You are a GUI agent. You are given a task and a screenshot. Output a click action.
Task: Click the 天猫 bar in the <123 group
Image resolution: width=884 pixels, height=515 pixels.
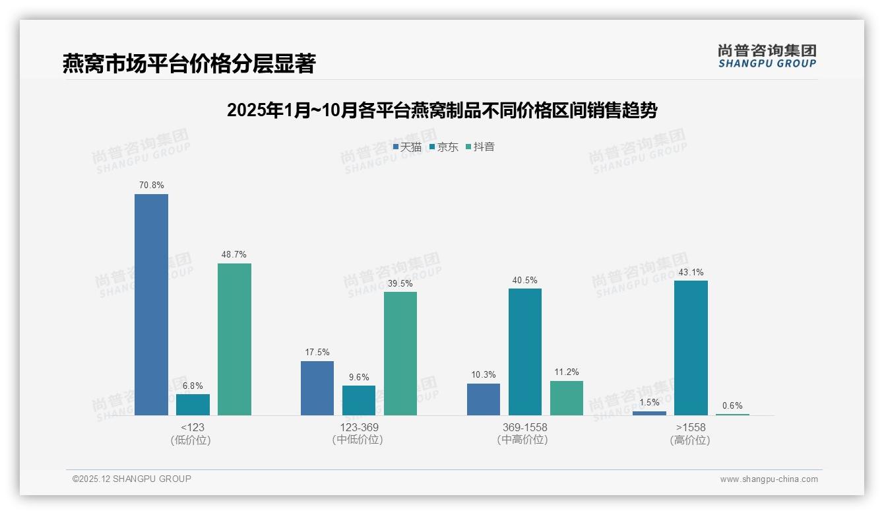(151, 304)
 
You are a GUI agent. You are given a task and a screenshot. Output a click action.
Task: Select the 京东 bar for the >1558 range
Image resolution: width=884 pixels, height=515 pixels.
(691, 348)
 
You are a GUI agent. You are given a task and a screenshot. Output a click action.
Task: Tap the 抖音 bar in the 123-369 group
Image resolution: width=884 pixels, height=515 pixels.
(400, 353)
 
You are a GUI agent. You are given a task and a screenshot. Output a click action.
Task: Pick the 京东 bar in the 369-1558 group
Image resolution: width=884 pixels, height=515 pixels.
(524, 352)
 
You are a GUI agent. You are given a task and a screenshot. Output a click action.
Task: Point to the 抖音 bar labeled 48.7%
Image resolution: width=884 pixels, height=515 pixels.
(234, 339)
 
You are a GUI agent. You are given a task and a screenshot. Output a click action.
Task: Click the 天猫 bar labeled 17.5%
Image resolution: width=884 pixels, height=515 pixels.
(317, 388)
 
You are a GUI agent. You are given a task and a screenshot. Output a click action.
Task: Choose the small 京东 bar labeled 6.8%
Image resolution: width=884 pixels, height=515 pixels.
(193, 405)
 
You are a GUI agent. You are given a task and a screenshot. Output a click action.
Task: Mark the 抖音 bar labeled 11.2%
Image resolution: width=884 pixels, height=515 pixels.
(566, 398)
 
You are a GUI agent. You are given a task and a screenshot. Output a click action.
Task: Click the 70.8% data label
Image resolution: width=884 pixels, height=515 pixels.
(151, 186)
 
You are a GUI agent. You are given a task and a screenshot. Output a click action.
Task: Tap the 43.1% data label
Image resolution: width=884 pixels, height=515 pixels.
(691, 272)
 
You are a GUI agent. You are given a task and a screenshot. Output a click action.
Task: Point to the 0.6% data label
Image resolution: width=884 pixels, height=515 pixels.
(732, 406)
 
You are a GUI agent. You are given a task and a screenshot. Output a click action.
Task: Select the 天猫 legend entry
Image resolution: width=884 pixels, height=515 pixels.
(407, 147)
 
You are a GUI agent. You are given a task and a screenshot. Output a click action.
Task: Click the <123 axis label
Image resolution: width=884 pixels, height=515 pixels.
(192, 427)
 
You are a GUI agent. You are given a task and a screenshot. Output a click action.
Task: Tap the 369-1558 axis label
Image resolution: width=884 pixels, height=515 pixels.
(524, 427)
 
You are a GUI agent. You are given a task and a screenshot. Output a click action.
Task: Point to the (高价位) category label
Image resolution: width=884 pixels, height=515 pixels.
(690, 440)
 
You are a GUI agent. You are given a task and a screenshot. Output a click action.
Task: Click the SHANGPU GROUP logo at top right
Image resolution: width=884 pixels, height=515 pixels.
(767, 56)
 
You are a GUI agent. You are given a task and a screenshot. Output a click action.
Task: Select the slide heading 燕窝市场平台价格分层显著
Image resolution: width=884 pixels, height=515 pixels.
(189, 63)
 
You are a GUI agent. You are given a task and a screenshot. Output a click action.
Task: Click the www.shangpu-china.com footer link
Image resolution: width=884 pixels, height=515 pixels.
(769, 479)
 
